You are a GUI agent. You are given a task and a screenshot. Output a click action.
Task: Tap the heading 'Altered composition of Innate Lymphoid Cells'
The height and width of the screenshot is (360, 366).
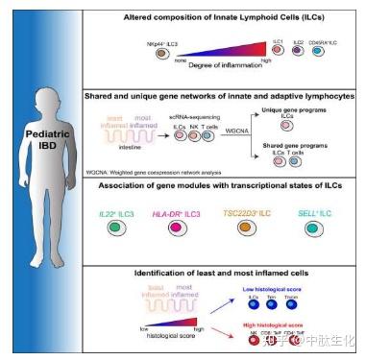(x=222, y=17)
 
